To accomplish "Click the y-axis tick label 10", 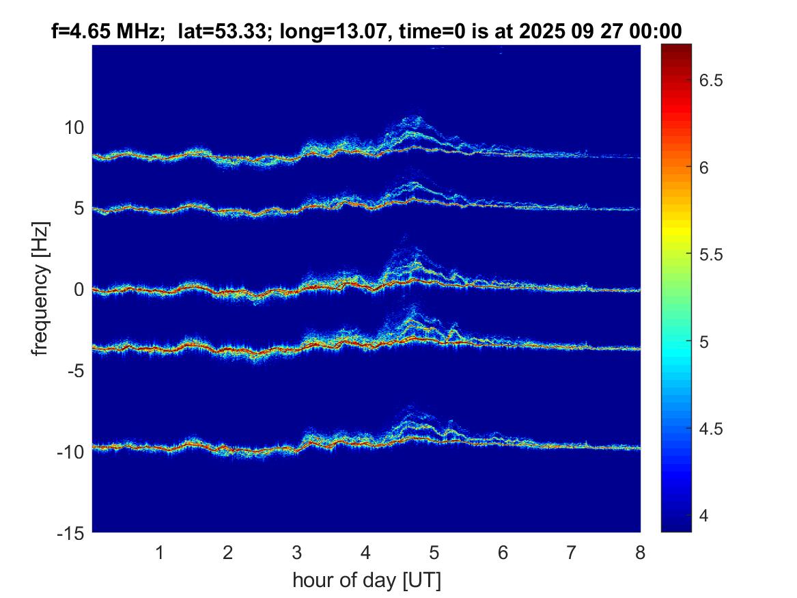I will (x=74, y=128).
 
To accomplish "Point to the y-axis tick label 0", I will (x=78, y=290).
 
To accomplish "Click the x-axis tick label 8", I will (x=640, y=553).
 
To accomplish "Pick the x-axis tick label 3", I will (x=296, y=553).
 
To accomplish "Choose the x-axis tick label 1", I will (x=159, y=553).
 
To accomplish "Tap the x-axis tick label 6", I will (x=503, y=553).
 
